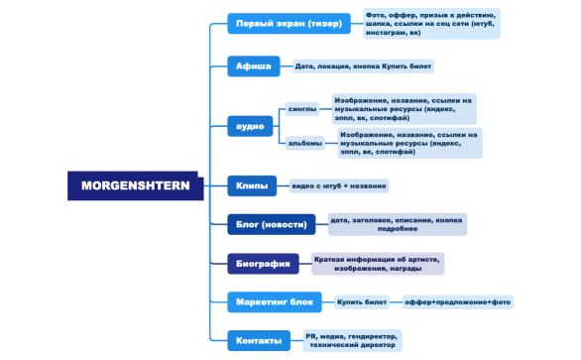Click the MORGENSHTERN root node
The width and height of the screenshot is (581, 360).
tap(135, 185)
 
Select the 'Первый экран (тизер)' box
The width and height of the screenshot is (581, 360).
tap(289, 23)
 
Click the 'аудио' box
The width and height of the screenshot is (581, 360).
tap(250, 126)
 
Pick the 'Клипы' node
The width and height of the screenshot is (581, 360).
tap(250, 185)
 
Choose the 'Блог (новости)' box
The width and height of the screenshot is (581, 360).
tap(271, 224)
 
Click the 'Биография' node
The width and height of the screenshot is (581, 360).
tap(263, 264)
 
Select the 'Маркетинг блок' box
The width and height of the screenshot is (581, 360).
tap(275, 301)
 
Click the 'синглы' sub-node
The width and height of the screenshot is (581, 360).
tap(302, 109)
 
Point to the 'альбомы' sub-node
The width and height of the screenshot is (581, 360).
tap(305, 143)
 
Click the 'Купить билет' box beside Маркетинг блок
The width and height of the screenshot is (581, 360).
tap(362, 301)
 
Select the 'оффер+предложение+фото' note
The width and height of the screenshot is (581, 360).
tap(457, 301)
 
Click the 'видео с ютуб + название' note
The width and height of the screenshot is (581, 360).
tap(338, 185)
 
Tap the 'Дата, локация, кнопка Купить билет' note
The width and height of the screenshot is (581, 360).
tap(363, 66)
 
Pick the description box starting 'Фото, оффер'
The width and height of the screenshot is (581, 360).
tap(430, 23)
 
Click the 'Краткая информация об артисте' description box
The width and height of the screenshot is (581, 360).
tap(378, 264)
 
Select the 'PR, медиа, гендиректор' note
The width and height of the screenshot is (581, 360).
tap(351, 341)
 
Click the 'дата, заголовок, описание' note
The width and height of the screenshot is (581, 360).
tap(396, 224)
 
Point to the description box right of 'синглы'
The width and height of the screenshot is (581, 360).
tap(403, 109)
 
